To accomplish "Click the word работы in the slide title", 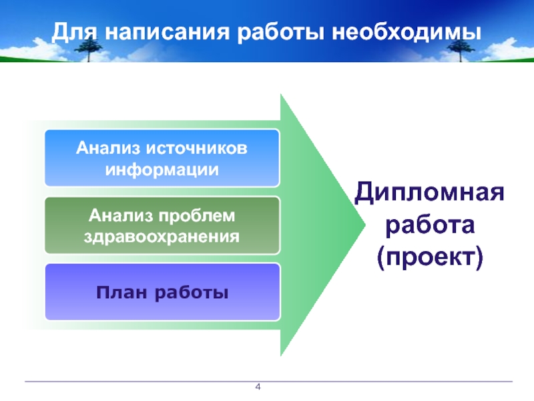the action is coord(275,32).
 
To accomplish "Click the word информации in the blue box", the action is coord(162,168).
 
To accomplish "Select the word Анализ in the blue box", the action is coord(109,147).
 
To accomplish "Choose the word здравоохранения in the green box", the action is coord(162,237).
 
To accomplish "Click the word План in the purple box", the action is coord(120,293).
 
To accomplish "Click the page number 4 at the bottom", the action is coord(258,388).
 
